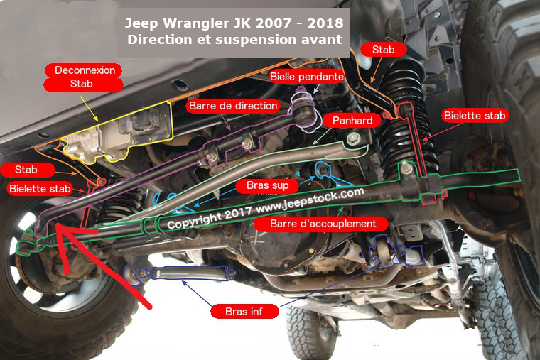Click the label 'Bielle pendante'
pyautogui.click(x=306, y=77)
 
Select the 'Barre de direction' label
pyautogui.click(x=233, y=106)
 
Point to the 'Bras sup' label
pyautogui.click(x=268, y=185)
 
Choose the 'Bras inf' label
pyautogui.click(x=244, y=312)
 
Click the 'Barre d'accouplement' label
pyautogui.click(x=323, y=224)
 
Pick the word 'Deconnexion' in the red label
pyautogui.click(x=85, y=70)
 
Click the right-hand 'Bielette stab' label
pyautogui.click(x=475, y=115)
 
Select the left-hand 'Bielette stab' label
pyautogui.click(x=40, y=189)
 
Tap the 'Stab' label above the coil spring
pyautogui.click(x=383, y=50)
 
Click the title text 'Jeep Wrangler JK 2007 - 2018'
pyautogui.click(x=234, y=23)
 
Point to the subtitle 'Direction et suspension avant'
pyautogui.click(x=234, y=39)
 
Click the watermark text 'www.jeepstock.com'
pyautogui.click(x=310, y=201)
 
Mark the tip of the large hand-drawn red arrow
pyautogui.click(x=57, y=225)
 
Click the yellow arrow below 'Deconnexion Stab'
pyautogui.click(x=89, y=108)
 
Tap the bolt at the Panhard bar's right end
pyautogui.click(x=352, y=139)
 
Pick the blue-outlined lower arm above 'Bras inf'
pyautogui.click(x=179, y=273)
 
